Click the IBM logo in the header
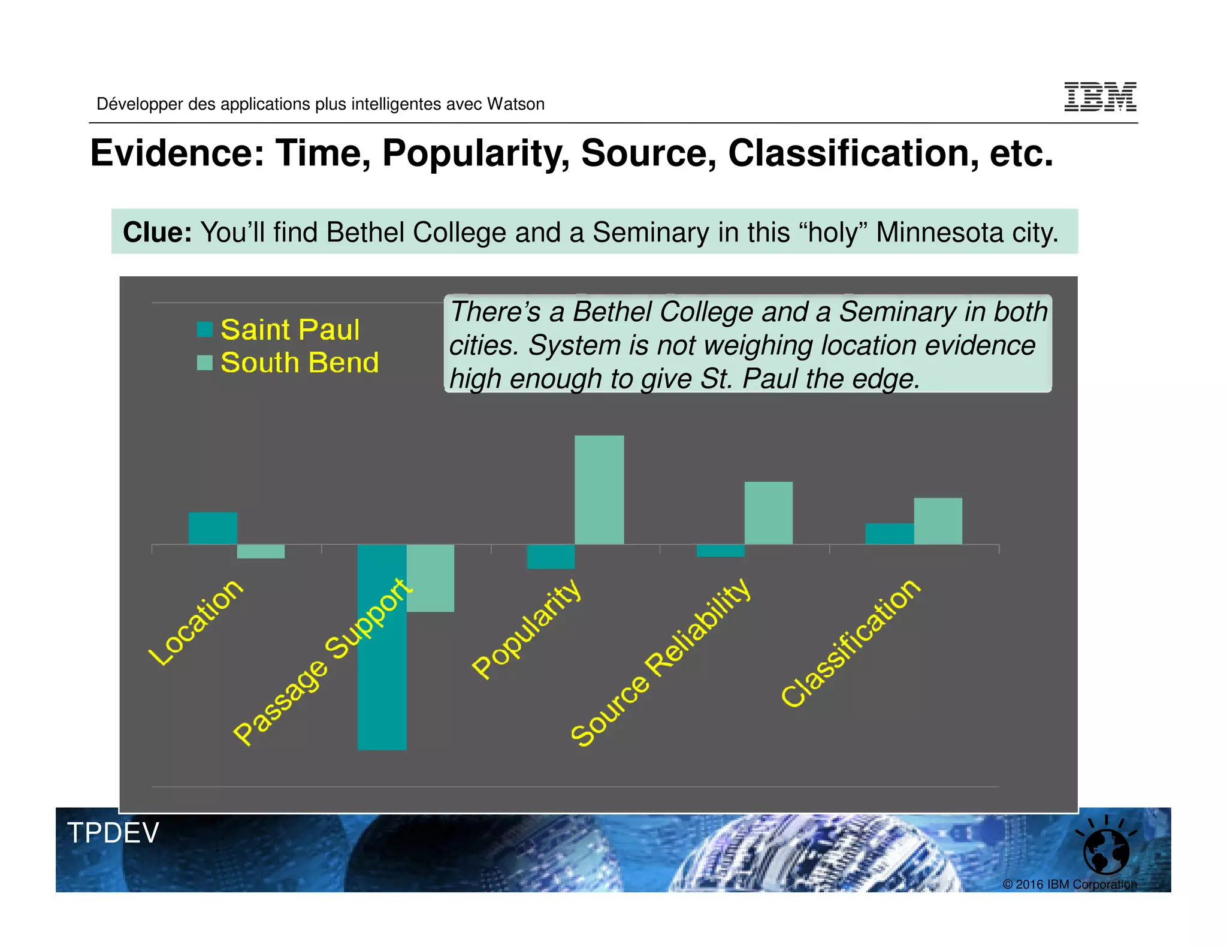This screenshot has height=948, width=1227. [x=1100, y=97]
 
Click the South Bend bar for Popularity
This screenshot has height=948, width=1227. [x=599, y=490]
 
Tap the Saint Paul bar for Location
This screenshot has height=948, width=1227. [x=213, y=528]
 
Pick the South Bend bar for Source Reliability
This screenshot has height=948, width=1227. [x=768, y=513]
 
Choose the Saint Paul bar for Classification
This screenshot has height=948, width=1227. [x=889, y=533]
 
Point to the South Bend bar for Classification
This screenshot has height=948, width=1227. [x=938, y=521]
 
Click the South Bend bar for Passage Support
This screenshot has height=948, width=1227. [x=430, y=578]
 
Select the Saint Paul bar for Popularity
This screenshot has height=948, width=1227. [x=550, y=556]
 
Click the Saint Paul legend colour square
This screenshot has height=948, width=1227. [x=205, y=329]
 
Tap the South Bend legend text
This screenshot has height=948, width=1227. [x=300, y=363]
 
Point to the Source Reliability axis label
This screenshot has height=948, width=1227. [x=660, y=662]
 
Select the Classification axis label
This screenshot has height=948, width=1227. [x=850, y=642]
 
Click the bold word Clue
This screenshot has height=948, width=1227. [x=157, y=233]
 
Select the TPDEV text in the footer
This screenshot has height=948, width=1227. [x=113, y=833]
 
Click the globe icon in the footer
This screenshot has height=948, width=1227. [x=1106, y=851]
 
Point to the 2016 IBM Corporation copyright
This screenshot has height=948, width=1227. [x=1069, y=884]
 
